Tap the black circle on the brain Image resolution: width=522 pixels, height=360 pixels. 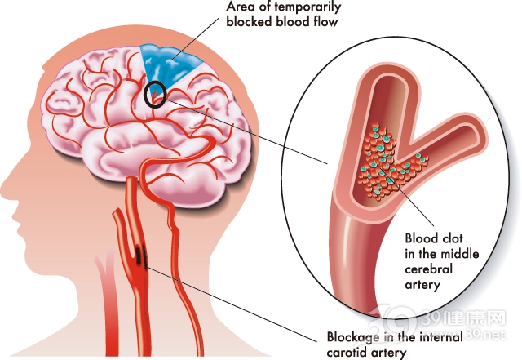pos(155,96)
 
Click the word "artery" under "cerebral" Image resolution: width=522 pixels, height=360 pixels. pos(423,285)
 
